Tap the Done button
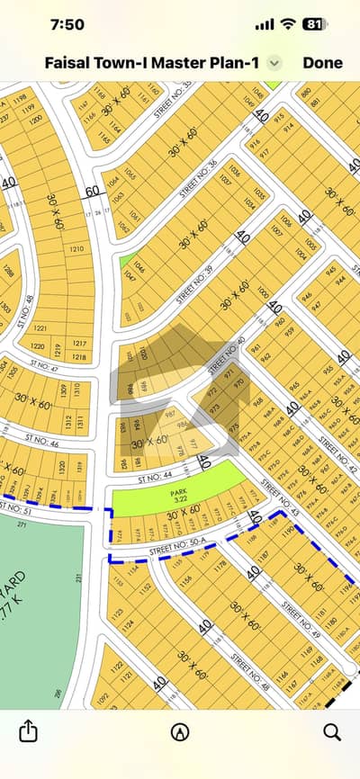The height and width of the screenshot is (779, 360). [x=322, y=63]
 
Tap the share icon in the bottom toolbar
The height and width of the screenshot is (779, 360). [x=28, y=730]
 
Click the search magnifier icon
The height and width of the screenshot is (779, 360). [x=331, y=730]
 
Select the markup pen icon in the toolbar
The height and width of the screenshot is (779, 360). [x=180, y=730]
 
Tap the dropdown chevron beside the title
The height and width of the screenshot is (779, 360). [x=276, y=63]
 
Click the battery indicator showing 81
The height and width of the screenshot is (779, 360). [x=314, y=23]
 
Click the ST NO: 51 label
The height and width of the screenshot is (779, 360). [x=16, y=510]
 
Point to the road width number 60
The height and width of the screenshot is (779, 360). [x=92, y=191]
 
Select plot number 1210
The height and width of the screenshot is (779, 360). [x=76, y=248]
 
